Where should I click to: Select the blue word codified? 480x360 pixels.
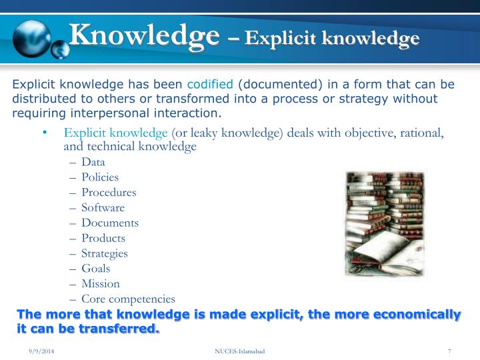[x=210, y=85]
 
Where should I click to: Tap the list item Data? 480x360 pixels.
[x=93, y=162]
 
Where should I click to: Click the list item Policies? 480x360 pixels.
[x=100, y=177]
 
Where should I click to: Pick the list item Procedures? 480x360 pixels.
[x=109, y=193]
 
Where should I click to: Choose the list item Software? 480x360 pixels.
[x=103, y=208]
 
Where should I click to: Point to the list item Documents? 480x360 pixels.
[x=110, y=223]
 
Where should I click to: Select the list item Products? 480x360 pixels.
[x=103, y=238]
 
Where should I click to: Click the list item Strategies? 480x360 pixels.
[x=105, y=253]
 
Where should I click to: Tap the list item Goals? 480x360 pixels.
[x=96, y=269]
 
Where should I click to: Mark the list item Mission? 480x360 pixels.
[x=101, y=284]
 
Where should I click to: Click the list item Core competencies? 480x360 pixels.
[x=128, y=299]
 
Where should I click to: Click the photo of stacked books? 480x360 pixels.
[x=384, y=224]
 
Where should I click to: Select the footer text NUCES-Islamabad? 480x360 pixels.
[x=239, y=351]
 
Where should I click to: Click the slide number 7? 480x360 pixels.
[x=450, y=351]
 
